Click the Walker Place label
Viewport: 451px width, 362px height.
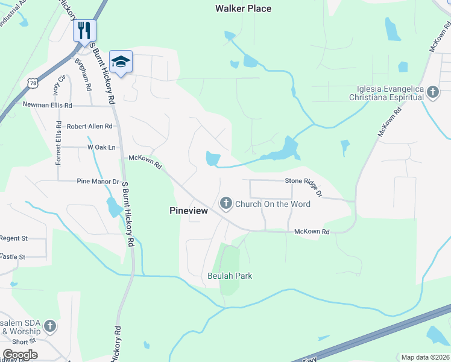(243, 8)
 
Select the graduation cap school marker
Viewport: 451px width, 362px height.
(121, 62)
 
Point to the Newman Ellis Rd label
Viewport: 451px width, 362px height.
(47, 105)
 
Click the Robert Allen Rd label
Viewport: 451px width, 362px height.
(89, 126)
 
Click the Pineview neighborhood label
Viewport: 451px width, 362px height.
(188, 211)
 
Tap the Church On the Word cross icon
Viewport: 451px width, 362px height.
(226, 203)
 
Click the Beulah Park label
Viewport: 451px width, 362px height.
(229, 276)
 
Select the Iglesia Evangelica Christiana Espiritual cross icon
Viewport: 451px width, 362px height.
(432, 92)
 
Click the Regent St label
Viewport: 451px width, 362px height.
(14, 238)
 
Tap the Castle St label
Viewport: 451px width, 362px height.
(13, 256)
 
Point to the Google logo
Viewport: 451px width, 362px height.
(20, 355)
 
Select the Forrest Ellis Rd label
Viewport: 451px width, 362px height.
(58, 142)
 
